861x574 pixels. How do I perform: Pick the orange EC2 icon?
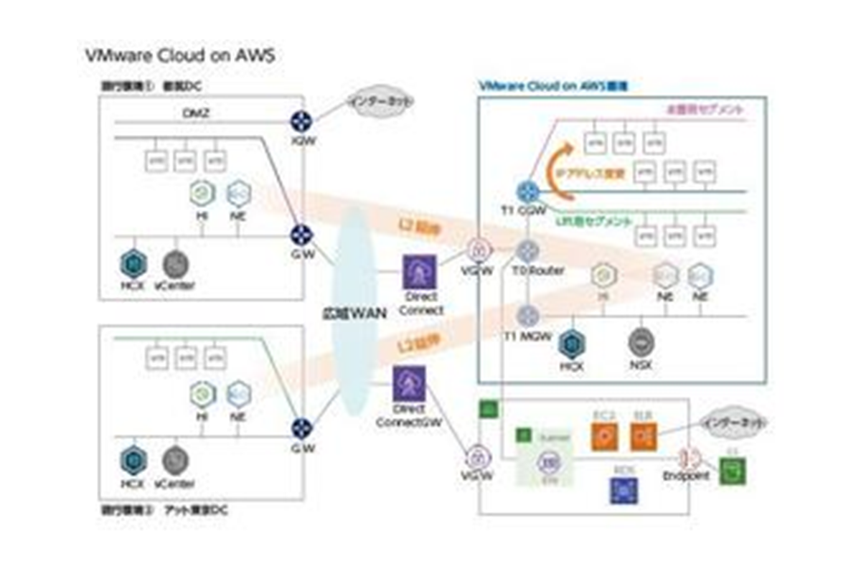point(604,436)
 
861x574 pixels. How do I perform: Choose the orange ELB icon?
point(644,436)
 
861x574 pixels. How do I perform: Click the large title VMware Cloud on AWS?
point(179,57)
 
